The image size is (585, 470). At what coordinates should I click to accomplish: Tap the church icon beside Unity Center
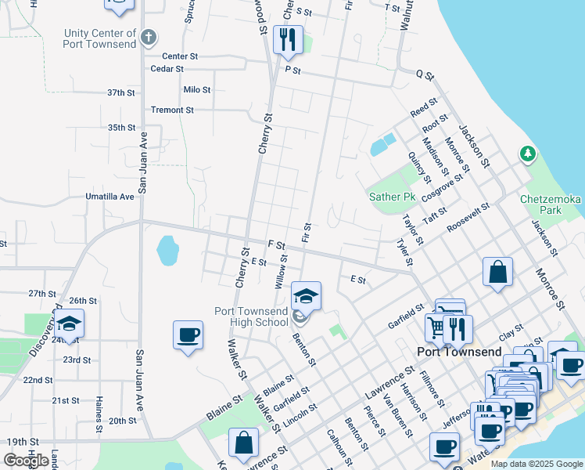tap(149, 36)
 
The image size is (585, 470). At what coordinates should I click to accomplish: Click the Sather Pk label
tap(391, 197)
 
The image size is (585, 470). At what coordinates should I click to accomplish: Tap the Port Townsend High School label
tap(251, 316)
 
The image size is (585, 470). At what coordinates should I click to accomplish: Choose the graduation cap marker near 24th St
tap(69, 324)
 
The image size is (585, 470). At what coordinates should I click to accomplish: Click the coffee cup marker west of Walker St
tap(188, 335)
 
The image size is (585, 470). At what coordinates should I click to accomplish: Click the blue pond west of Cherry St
tap(167, 251)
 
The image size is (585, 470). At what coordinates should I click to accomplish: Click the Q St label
tap(425, 74)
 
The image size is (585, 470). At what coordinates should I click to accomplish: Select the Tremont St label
tap(172, 110)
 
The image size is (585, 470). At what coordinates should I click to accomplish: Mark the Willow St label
tap(280, 271)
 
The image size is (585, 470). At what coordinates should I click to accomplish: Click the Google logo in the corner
tap(26, 461)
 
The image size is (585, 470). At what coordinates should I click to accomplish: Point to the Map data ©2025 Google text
tap(537, 464)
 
